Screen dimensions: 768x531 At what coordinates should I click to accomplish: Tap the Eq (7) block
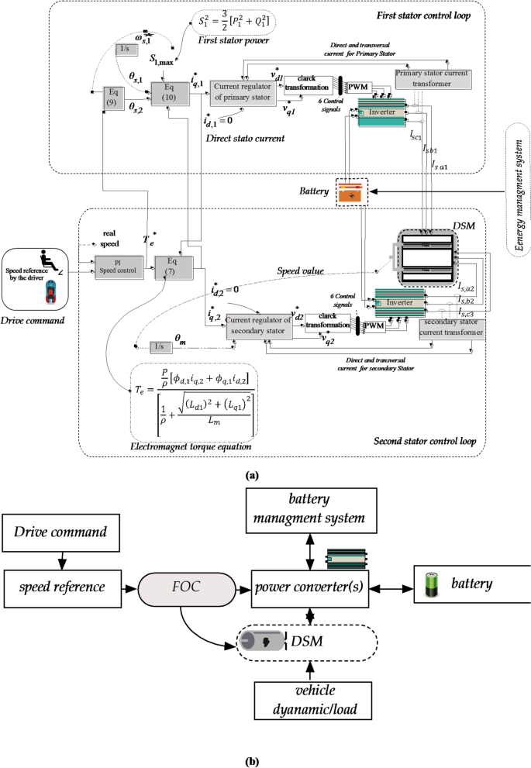171,264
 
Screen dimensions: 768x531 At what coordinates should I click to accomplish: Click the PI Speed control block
116,264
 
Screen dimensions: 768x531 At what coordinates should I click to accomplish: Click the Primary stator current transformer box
432,77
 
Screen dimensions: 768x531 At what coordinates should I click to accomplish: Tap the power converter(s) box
310,580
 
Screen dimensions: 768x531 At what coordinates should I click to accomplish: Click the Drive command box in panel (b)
62,532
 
